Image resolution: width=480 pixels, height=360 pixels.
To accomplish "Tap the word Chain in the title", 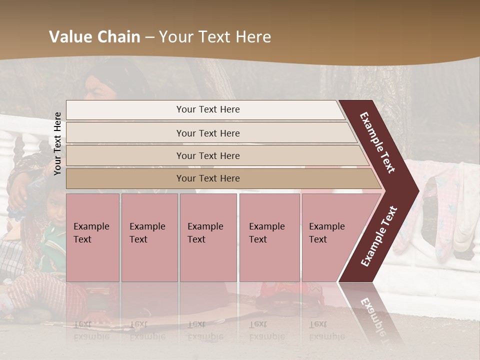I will click(119, 37).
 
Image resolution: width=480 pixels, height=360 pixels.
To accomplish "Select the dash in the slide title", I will click(149, 37).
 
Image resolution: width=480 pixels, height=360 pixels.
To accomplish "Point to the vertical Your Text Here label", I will click(57, 143).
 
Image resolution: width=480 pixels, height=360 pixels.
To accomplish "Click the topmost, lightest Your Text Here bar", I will click(208, 109).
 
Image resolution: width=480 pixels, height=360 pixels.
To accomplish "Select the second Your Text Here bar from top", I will click(208, 133).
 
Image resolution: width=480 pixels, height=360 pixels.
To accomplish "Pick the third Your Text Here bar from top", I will click(208, 155).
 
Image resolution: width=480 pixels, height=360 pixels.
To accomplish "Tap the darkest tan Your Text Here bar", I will click(208, 178).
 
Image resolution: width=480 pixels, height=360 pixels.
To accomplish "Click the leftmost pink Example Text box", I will click(92, 237).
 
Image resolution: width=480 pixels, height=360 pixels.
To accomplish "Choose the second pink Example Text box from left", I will click(149, 237).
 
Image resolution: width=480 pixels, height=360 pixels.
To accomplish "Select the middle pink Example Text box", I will click(208, 237).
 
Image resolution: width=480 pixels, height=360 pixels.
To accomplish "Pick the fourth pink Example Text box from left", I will click(269, 237).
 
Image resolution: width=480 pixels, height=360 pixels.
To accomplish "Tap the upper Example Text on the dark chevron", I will click(377, 142).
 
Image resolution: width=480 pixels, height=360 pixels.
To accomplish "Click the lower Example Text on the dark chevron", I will click(378, 236).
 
